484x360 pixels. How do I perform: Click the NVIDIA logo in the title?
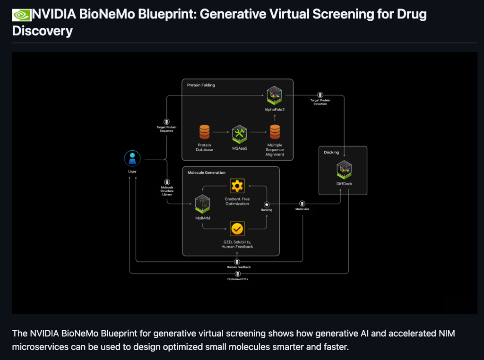point(22,15)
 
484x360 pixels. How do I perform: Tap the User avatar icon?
point(132,159)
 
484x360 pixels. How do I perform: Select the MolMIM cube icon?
point(203,203)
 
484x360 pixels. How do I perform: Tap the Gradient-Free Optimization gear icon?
point(237,186)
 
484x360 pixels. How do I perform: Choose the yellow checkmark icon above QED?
point(237,229)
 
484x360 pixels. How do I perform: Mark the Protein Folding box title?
point(201,86)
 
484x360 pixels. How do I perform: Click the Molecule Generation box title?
point(207,173)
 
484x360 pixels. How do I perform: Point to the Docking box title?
point(331,153)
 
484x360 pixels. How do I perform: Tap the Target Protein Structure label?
point(320,102)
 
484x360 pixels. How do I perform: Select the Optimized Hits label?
point(238,279)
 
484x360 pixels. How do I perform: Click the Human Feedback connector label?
point(238,267)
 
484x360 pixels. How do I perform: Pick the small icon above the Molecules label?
point(302,204)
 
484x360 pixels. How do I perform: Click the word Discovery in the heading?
point(43,31)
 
